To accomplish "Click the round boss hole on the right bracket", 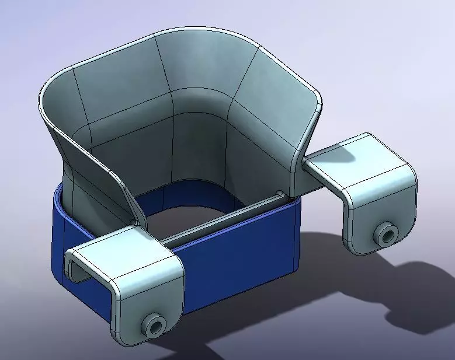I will (x=385, y=235).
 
